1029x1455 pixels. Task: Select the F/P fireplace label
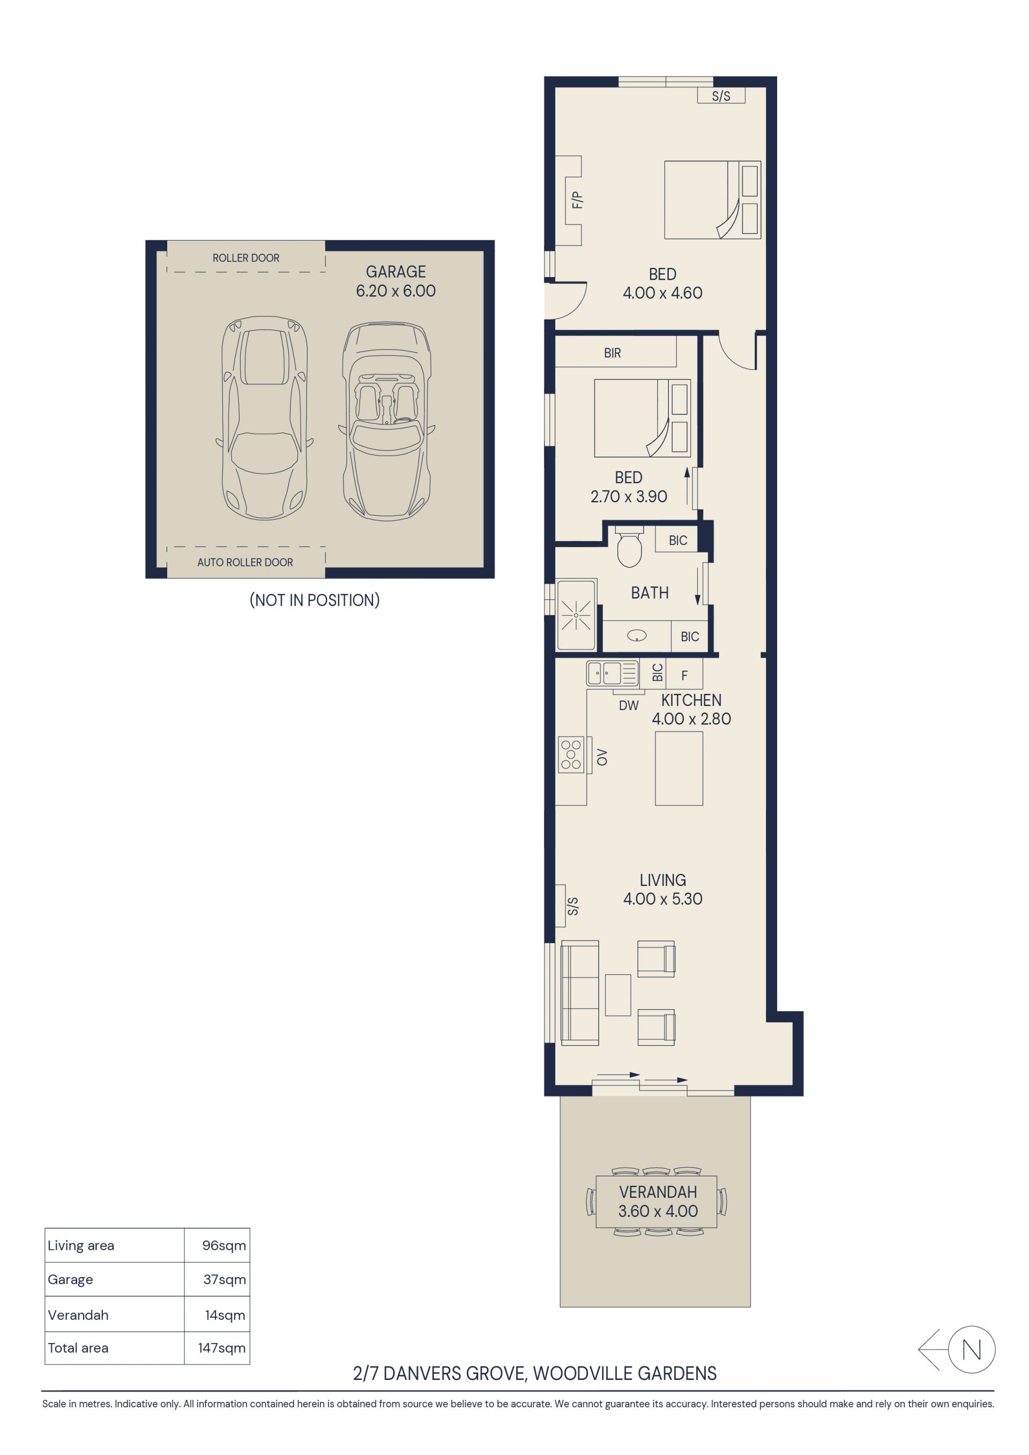point(577,200)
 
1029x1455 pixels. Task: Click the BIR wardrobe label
point(612,353)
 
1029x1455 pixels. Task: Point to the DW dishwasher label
point(629,705)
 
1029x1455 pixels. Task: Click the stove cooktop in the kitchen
point(571,755)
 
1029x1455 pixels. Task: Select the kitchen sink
point(612,673)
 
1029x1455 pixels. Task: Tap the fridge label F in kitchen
point(684,676)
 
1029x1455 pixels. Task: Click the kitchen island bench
point(678,768)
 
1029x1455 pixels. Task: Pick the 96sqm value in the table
point(223,1245)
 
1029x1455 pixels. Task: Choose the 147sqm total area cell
point(221,1348)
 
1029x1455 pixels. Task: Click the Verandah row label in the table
point(78,1315)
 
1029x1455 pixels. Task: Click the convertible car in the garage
point(386,421)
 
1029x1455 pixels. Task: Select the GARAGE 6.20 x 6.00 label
point(396,281)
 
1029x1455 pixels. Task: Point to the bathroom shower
point(576,615)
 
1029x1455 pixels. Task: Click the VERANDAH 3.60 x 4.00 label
point(658,1202)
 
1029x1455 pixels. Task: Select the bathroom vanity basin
point(637,636)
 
